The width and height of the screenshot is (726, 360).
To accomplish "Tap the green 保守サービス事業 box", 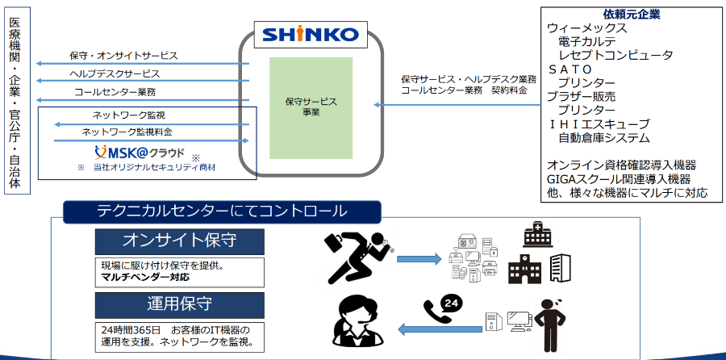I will (x=310, y=107).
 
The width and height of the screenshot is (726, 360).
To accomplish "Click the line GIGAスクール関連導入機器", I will (x=619, y=179).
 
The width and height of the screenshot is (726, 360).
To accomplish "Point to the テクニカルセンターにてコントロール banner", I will (x=222, y=211).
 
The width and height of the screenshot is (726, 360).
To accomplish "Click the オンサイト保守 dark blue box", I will (x=179, y=241).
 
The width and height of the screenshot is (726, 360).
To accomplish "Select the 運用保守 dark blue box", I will (x=179, y=304).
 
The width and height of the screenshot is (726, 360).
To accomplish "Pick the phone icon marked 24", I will (x=441, y=308).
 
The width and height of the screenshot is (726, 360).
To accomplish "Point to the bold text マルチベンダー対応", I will (x=145, y=278).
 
